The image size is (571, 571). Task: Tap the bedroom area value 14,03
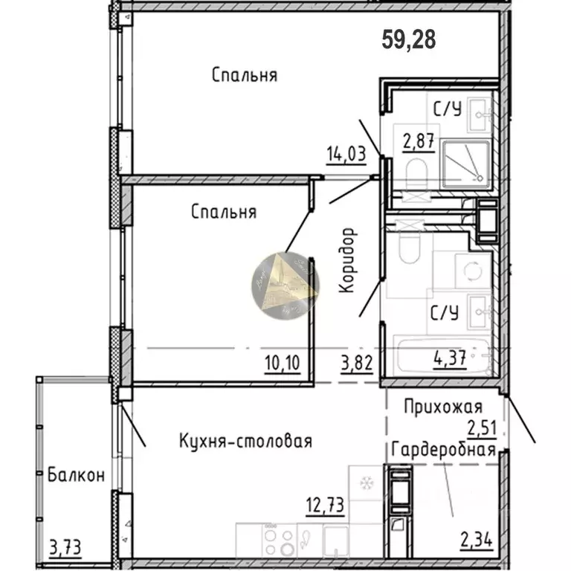coord(346,155)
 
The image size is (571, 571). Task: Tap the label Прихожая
coord(443,407)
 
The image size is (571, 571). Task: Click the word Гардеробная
coord(444,451)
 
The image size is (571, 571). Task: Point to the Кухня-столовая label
coord(245,441)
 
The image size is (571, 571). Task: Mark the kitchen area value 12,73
coord(326,509)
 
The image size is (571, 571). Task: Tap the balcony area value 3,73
coord(65,549)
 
